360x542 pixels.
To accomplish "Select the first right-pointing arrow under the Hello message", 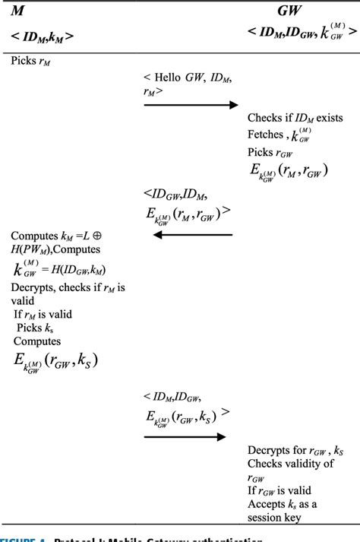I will pos(191,105).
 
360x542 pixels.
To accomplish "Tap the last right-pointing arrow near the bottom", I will pos(185,436).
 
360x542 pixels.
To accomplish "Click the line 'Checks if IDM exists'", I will pos(295,117).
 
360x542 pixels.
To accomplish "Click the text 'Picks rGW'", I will pos(272,151).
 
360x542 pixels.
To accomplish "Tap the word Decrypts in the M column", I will pos(34,287).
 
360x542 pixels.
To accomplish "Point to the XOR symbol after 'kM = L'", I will pos(107,236).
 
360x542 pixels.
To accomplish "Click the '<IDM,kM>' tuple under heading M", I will pos(43,36).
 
